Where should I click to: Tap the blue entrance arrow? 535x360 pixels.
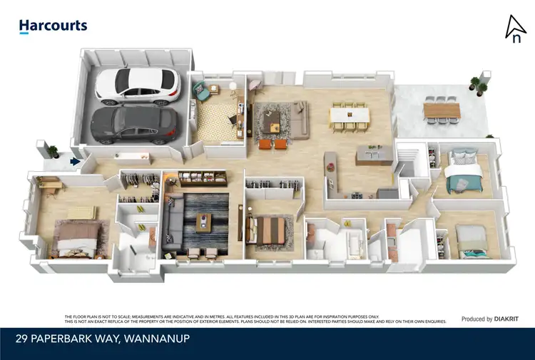[x=74, y=163]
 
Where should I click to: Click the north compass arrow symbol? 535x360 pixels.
[x=515, y=28]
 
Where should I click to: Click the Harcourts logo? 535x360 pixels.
[x=53, y=26]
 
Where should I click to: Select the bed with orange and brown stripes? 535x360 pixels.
[x=270, y=230]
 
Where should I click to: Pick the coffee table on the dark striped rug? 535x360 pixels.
[x=204, y=222]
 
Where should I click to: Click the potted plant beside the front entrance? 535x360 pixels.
[x=50, y=150]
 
